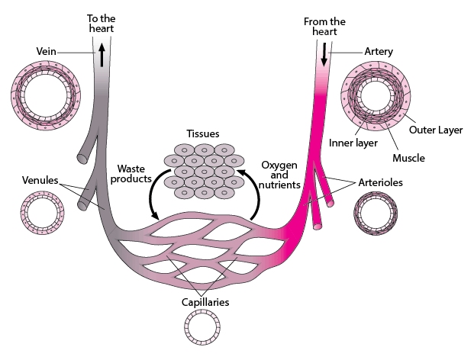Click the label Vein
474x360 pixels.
tap(47, 51)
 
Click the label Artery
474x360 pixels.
tap(379, 51)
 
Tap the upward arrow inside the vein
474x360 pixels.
tap(102, 55)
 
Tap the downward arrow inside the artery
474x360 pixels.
tap(324, 54)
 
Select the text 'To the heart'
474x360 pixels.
tap(102, 24)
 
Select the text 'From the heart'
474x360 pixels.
tap(324, 27)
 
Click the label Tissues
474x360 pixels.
tap(203, 133)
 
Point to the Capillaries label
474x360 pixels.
tap(205, 302)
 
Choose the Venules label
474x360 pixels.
tap(40, 180)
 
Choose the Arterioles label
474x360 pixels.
tap(381, 182)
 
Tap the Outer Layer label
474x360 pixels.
tap(436, 130)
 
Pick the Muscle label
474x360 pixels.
tap(408, 158)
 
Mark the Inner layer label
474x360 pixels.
tap(353, 143)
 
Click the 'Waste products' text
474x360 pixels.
tap(131, 174)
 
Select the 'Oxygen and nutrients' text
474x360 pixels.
tap(279, 175)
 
